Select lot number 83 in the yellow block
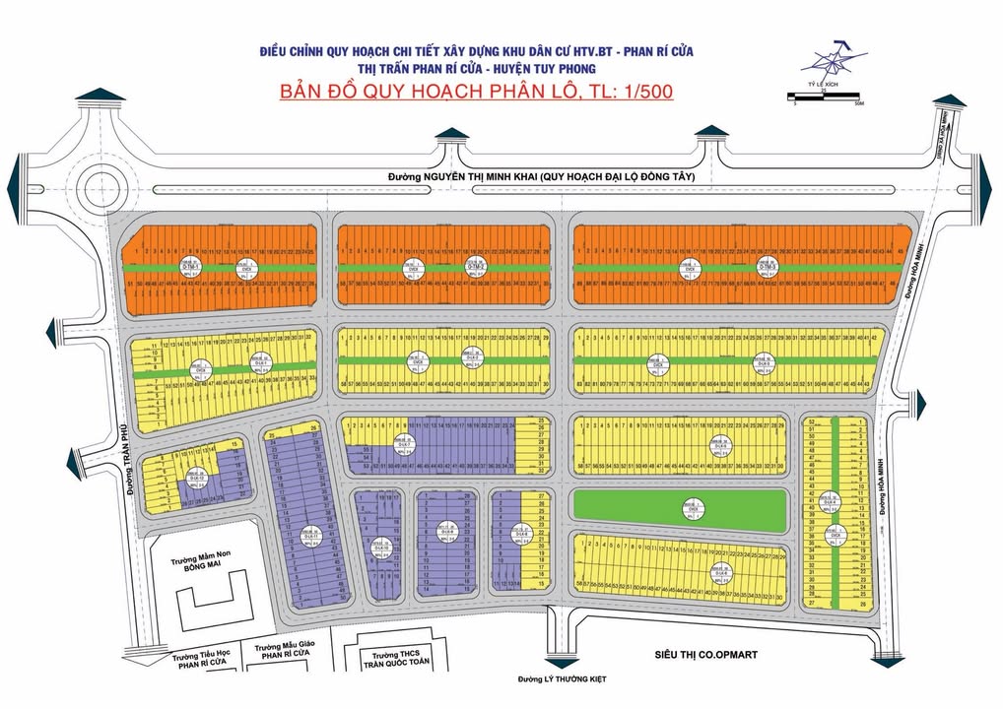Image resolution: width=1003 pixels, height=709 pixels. point(578,383)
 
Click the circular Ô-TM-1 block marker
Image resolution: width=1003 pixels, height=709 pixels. point(190,267)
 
